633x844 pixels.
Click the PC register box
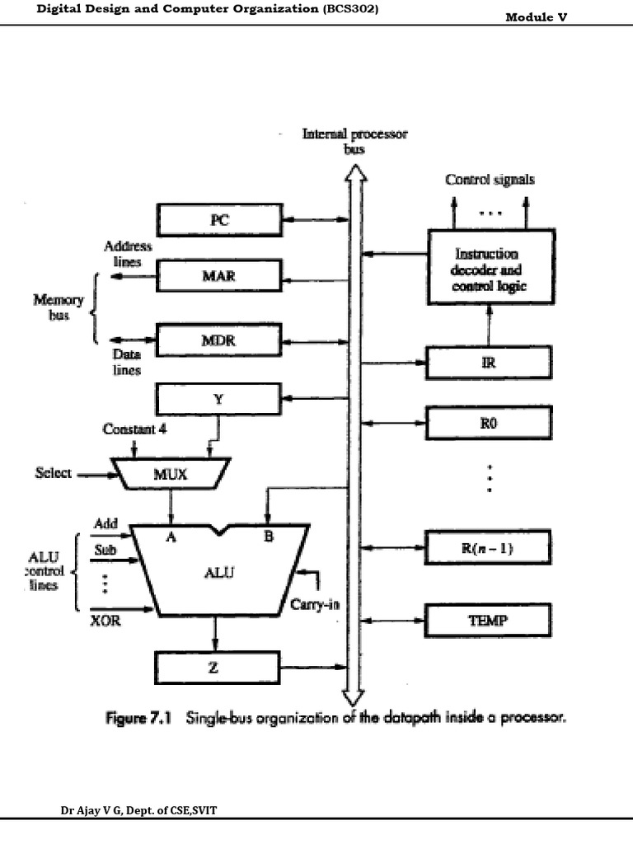click(x=218, y=220)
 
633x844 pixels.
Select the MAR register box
click(x=218, y=276)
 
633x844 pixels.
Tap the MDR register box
click(x=218, y=340)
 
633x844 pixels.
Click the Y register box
click(x=218, y=401)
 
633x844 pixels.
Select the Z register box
click(x=218, y=666)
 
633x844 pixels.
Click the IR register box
click(x=489, y=361)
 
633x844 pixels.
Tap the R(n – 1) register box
click(x=489, y=546)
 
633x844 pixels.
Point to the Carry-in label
click(x=315, y=604)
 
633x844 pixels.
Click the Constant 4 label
click(x=134, y=429)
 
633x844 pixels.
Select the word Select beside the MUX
click(x=53, y=474)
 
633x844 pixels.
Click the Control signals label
click(x=490, y=179)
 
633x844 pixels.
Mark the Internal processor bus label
click(x=354, y=141)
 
